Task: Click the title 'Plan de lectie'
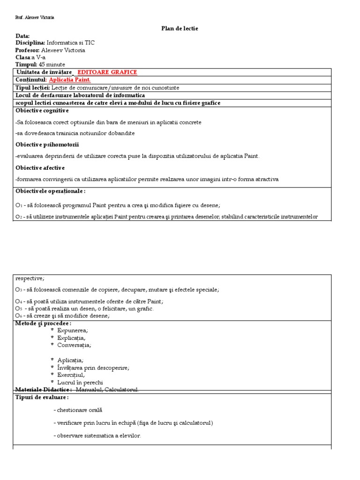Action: tap(180, 29)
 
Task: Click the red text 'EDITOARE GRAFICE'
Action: tap(107, 72)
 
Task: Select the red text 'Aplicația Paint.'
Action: tap(70, 80)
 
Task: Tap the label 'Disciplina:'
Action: tap(30, 43)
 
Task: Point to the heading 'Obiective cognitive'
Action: tap(42, 110)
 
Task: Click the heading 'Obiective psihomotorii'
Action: tap(47, 144)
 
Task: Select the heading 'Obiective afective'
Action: tap(40, 167)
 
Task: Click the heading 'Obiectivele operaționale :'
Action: tap(51, 191)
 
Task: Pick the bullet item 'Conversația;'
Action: tap(74, 345)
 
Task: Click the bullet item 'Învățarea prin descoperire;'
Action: tap(93, 367)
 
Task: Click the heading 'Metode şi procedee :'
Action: tap(43, 323)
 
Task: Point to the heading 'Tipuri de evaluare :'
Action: tap(42, 397)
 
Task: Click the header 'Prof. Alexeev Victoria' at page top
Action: tap(35, 17)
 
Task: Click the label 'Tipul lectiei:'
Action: tap(33, 88)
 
